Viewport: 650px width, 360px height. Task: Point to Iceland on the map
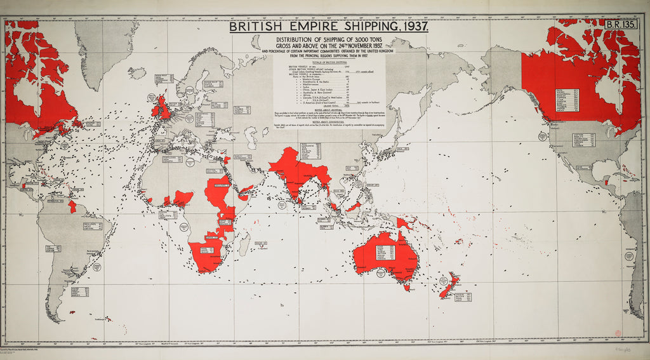pyautogui.click(x=136, y=73)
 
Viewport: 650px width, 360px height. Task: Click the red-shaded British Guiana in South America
pyautogui.click(x=72, y=206)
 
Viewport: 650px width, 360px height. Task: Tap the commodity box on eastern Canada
pyautogui.click(x=566, y=101)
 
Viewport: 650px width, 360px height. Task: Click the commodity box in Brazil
pyautogui.click(x=93, y=227)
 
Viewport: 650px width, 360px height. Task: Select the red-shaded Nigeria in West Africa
pyautogui.click(x=183, y=198)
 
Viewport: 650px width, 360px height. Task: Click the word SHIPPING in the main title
pyautogui.click(x=364, y=27)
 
